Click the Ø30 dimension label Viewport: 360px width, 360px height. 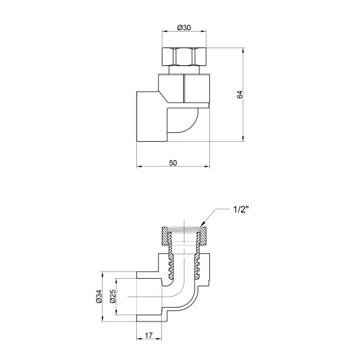(x=184, y=27)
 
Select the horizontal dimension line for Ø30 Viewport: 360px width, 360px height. (x=184, y=32)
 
